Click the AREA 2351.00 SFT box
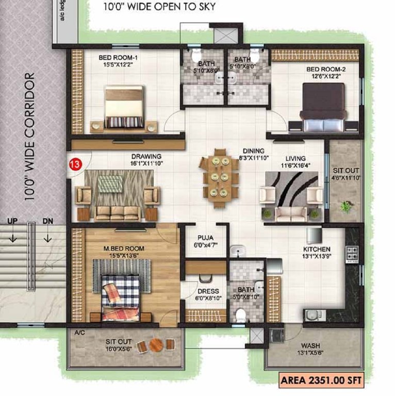[x=320, y=381]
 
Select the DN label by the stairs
[x=48, y=221]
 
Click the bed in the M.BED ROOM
[x=121, y=296]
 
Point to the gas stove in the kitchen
[x=352, y=253]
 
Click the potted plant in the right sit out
[x=346, y=206]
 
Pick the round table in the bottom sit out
[x=155, y=344]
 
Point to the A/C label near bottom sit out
[x=80, y=333]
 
